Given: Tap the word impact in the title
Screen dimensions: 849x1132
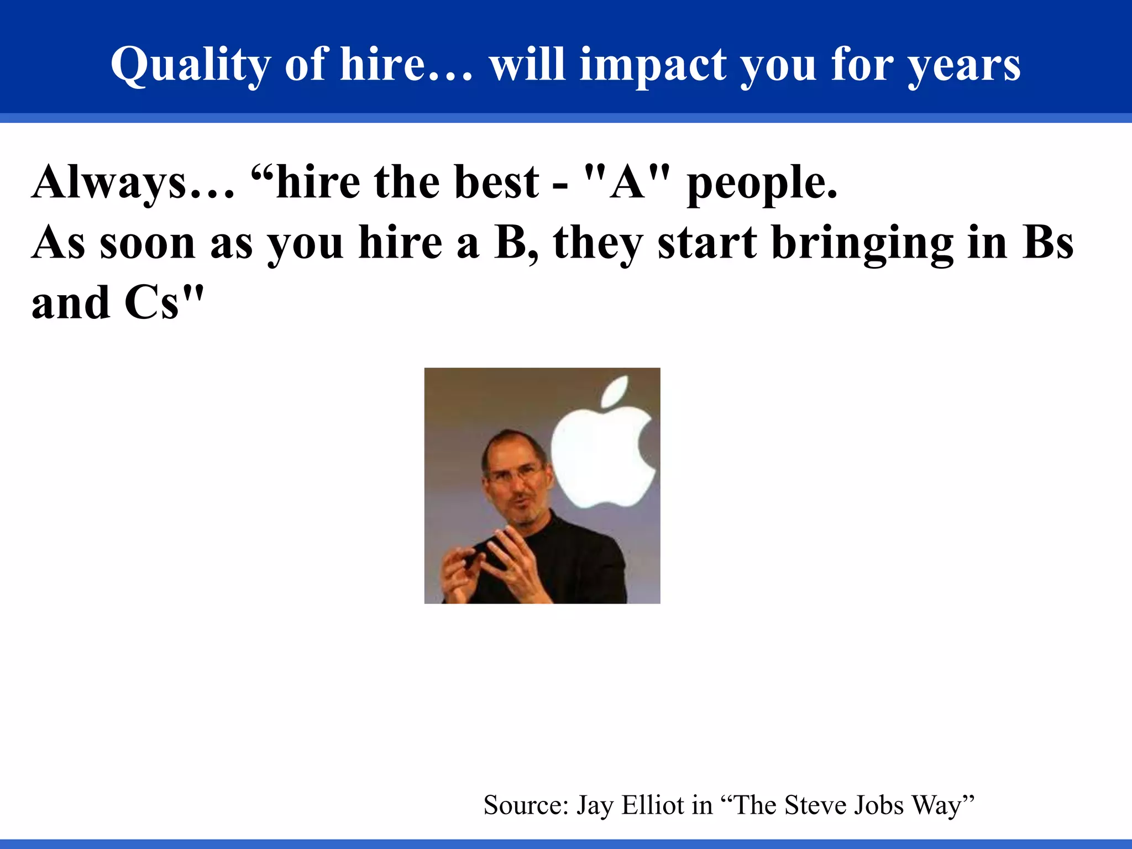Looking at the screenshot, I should point(652,65).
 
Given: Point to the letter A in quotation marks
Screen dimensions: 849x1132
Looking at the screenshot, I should point(627,182).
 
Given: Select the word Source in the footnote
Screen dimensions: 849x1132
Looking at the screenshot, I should point(525,805).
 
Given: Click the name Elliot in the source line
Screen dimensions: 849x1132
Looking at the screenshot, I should point(652,805).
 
